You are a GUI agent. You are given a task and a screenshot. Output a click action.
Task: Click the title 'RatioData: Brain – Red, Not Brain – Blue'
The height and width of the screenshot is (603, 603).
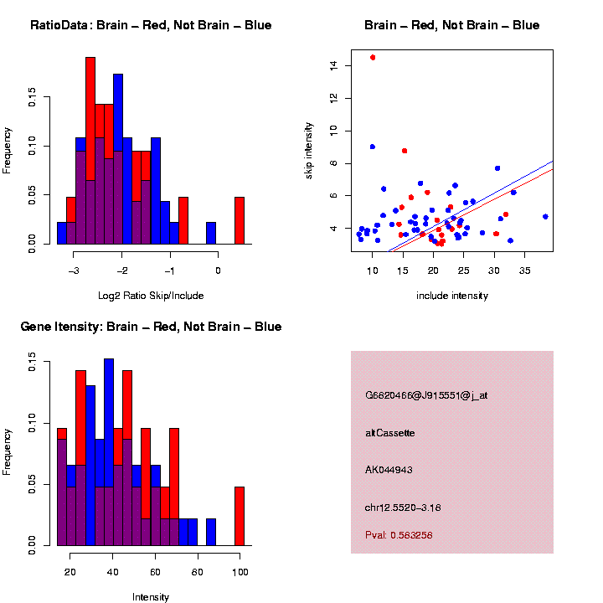[151, 25]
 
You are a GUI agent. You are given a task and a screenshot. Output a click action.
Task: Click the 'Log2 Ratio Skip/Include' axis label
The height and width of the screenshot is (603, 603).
[151, 296]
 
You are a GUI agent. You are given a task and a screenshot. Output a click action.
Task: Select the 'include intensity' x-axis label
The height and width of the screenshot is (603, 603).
[452, 296]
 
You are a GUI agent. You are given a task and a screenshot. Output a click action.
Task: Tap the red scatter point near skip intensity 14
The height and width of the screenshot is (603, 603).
[373, 58]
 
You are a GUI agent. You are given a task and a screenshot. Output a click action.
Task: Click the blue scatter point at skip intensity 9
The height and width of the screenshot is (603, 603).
[373, 147]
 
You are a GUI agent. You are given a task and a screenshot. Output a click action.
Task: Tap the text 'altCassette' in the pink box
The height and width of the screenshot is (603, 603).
[390, 433]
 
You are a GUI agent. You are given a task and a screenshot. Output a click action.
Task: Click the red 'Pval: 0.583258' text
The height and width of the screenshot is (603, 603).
[399, 534]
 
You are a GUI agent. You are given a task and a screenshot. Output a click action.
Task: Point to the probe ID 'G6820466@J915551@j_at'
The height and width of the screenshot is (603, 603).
[426, 394]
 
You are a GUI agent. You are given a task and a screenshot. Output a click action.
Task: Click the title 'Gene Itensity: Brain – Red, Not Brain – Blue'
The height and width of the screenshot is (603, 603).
[151, 327]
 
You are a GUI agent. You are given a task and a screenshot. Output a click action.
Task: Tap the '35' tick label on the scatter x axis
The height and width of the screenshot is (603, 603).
[524, 271]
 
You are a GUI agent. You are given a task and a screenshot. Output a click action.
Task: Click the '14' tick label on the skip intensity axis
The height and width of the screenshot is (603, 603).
[334, 65]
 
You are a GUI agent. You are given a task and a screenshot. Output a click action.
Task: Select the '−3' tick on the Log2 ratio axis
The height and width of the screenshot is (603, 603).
[74, 271]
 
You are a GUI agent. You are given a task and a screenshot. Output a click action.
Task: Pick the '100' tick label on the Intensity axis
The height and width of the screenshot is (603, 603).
[240, 573]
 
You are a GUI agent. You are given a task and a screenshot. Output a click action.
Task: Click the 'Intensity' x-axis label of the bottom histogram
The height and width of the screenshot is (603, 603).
[151, 597]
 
